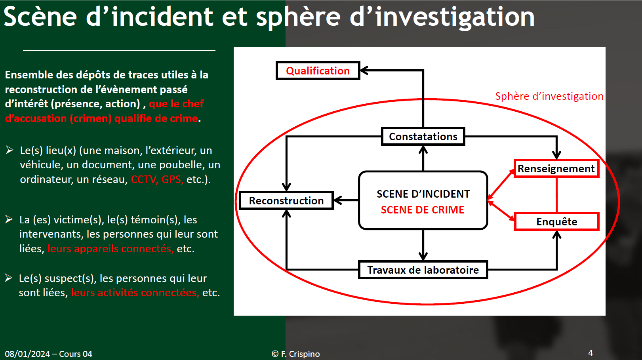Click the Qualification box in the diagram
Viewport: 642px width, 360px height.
coord(318,70)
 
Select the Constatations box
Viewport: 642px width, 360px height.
coord(423,136)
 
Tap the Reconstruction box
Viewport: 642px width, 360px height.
coord(286,200)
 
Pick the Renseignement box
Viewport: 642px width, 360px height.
coord(556,169)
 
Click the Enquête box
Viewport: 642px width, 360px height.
coord(556,221)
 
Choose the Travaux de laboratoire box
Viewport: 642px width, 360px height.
coord(423,270)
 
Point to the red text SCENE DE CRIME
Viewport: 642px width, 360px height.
coord(423,210)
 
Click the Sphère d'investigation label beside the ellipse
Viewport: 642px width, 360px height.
coord(549,96)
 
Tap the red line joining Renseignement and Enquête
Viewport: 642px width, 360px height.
coord(556,195)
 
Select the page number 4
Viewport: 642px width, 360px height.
coord(591,352)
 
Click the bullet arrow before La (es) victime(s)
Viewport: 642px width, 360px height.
coord(9,219)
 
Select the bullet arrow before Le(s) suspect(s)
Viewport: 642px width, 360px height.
coord(8,278)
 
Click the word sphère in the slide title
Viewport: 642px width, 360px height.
coord(298,17)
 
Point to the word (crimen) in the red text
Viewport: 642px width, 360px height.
coord(91,118)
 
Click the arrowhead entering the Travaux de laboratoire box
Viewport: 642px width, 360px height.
coord(423,256)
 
